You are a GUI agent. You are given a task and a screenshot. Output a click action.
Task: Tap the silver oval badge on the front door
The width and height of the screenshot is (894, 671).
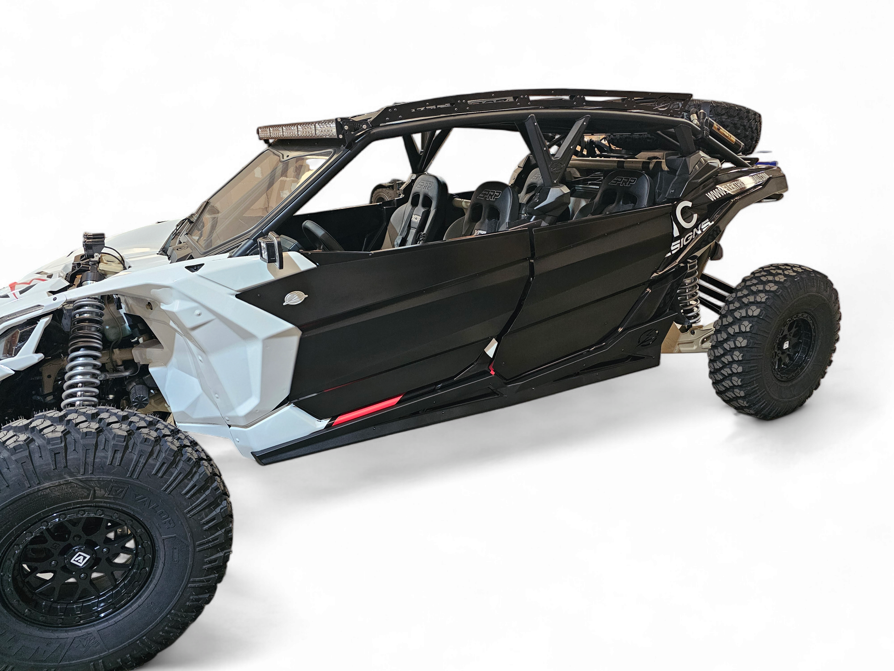292,297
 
